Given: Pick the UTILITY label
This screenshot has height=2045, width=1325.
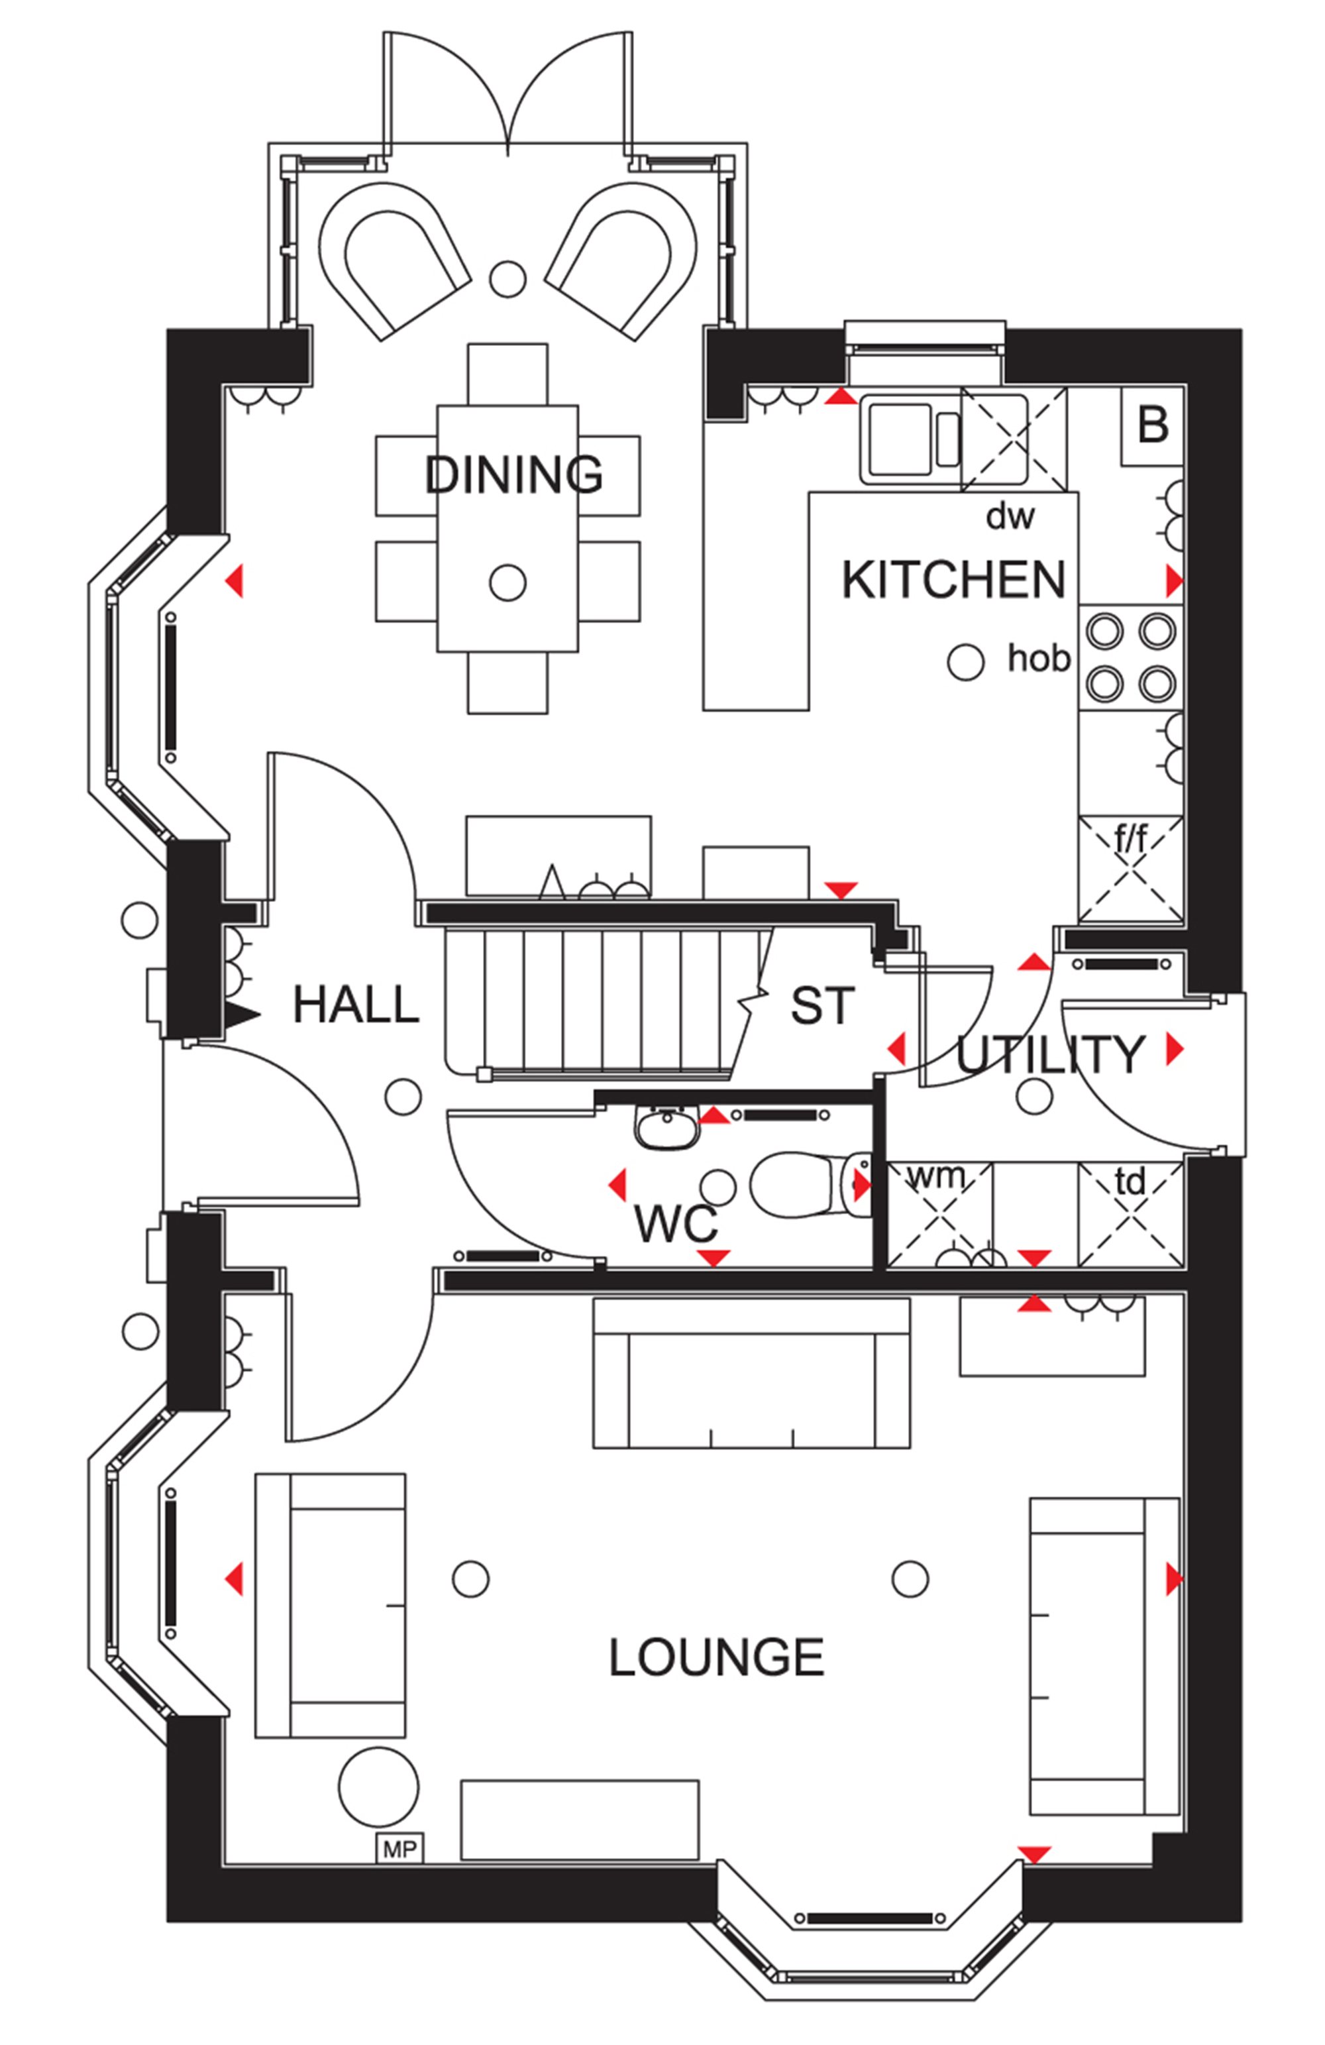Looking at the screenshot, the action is (x=1049, y=1054).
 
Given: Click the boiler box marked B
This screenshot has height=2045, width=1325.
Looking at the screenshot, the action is (x=1152, y=426).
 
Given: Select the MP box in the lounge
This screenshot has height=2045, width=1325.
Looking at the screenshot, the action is (x=399, y=1848).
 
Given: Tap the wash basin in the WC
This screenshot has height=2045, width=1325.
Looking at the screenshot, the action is (x=666, y=1127).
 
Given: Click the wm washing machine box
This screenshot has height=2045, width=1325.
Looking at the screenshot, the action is (x=939, y=1215).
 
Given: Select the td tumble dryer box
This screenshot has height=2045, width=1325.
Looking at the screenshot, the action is (x=1130, y=1215).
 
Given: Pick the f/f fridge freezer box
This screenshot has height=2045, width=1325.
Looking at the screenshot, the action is (x=1130, y=869).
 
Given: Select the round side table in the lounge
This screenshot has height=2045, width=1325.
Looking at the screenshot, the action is (x=379, y=1787).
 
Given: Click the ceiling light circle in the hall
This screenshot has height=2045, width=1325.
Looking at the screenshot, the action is (x=403, y=1097).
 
